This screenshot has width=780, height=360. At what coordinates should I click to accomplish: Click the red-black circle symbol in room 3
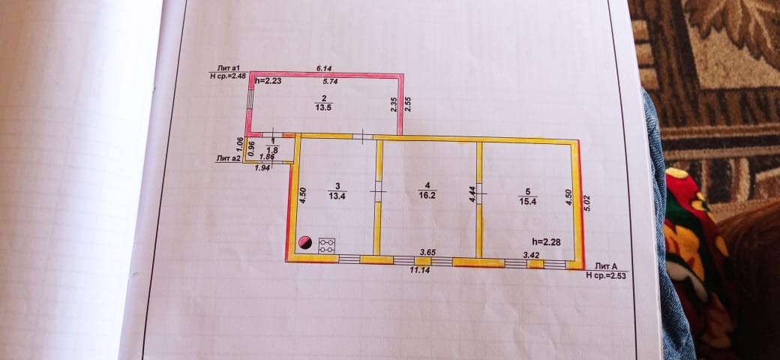click(305, 243)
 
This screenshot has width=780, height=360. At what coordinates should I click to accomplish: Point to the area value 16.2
click(428, 193)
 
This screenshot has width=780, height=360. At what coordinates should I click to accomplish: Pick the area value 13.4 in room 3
click(337, 197)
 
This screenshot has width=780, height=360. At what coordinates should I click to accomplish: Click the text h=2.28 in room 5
click(547, 241)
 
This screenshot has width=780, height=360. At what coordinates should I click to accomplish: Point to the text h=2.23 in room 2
click(268, 80)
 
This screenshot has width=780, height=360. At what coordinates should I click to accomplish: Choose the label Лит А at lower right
click(606, 266)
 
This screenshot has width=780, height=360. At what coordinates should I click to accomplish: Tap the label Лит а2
click(228, 158)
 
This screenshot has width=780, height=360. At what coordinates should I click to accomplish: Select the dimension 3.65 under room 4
click(428, 253)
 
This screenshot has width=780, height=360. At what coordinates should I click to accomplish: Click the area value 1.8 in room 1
click(272, 150)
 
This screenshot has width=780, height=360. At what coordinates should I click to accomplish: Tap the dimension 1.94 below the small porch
click(262, 168)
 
